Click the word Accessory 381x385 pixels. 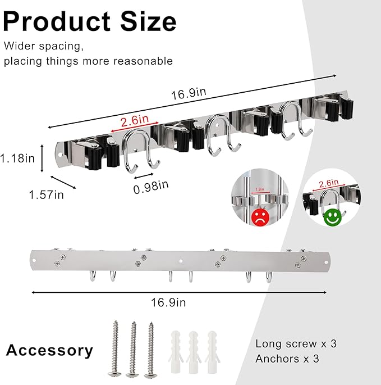(x=49, y=351)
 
